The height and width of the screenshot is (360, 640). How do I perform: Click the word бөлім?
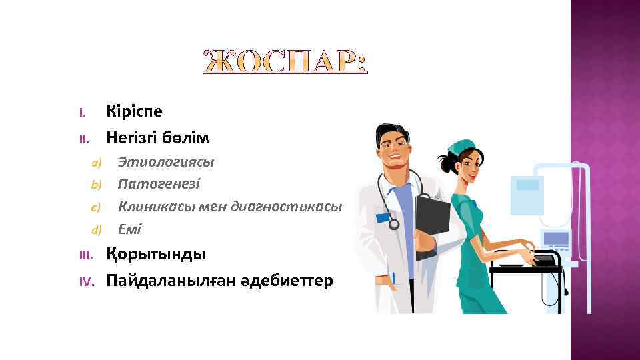188,138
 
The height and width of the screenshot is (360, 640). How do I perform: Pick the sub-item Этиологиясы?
166,161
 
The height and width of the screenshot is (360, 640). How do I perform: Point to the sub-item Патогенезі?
159,183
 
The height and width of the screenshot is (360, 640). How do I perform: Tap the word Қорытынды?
156,255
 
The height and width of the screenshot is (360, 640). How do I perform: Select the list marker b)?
95,184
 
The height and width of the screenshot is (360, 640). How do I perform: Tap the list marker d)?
95,230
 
